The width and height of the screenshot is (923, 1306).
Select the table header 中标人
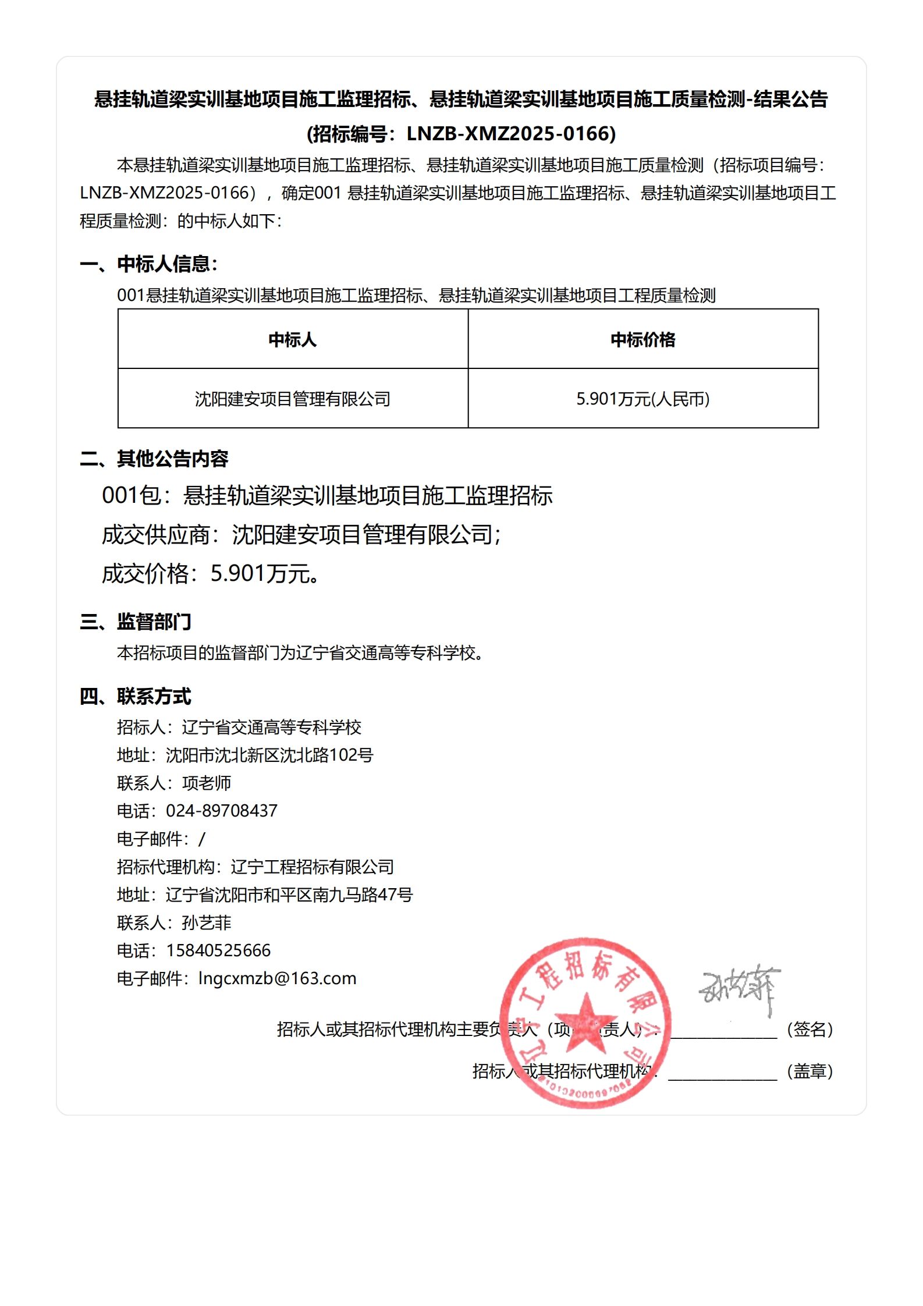[292, 339]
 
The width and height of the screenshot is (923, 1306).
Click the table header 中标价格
[642, 339]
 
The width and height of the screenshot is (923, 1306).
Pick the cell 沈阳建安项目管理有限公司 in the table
[292, 399]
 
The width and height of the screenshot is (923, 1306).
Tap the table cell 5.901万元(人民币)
[642, 399]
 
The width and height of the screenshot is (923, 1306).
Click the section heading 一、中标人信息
[148, 264]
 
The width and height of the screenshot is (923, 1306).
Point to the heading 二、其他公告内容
[154, 459]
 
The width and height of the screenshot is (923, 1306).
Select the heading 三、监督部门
[135, 622]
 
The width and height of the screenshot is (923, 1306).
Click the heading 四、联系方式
[135, 696]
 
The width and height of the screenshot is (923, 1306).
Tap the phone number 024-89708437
[222, 811]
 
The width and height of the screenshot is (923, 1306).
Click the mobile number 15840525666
[218, 950]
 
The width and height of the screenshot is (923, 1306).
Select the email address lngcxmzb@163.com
[277, 978]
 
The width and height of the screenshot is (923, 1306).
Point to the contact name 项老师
[207, 783]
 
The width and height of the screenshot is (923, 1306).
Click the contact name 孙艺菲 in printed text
[207, 922]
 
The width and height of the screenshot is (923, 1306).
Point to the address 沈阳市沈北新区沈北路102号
[269, 755]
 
